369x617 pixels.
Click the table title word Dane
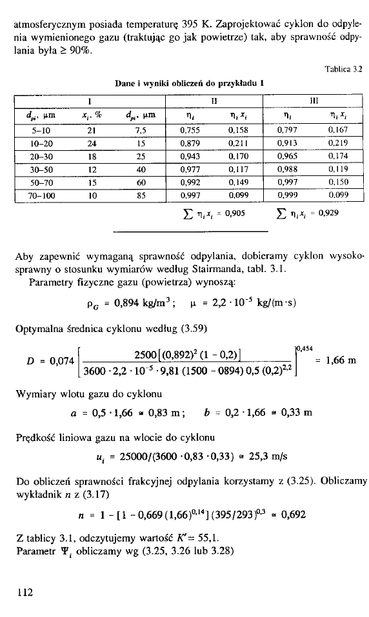click(125, 83)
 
